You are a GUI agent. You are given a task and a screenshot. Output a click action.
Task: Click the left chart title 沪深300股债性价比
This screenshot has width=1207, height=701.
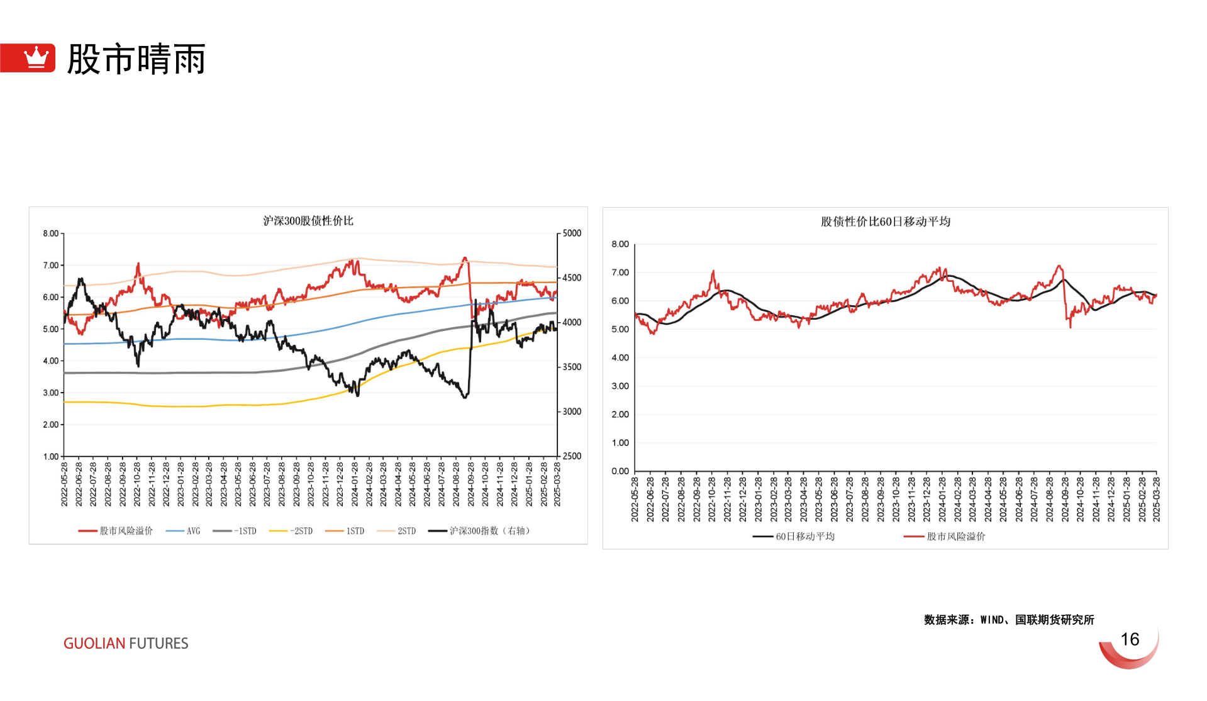tap(308, 221)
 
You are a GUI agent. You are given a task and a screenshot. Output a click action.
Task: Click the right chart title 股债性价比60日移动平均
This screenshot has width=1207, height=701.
tap(885, 222)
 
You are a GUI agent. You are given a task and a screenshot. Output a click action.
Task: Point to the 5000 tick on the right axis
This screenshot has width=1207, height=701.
tap(572, 233)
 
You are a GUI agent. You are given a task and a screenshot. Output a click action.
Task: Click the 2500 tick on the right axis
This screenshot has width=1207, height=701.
tap(572, 456)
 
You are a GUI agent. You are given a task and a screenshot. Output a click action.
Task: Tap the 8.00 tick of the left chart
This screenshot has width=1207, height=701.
tap(51, 233)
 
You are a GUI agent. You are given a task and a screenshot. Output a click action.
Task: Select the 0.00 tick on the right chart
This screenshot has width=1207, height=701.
tap(620, 471)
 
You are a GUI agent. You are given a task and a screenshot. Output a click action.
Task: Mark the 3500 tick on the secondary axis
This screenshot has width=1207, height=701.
tap(572, 367)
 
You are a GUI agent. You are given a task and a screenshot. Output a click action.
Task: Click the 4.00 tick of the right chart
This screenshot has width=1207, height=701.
tap(620, 358)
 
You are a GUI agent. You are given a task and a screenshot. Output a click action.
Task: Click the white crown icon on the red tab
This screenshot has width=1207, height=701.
tap(36, 57)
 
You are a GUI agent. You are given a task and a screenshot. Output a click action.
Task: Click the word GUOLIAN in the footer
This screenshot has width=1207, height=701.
tap(94, 644)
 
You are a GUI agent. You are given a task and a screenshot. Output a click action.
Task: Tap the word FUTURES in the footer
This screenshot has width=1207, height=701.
tap(159, 644)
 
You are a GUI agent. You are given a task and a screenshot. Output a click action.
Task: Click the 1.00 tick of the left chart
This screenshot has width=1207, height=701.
tap(51, 457)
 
